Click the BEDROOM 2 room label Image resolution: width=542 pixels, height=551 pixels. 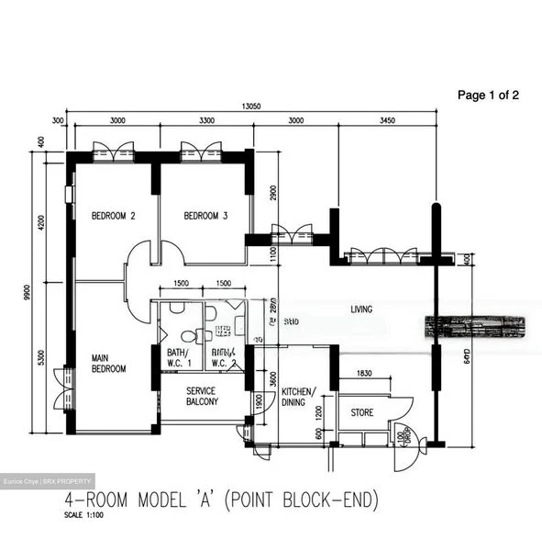(x=113, y=217)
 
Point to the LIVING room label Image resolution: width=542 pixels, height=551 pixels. (x=361, y=309)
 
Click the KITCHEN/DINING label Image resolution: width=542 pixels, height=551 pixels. (x=299, y=397)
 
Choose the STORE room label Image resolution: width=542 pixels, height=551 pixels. (x=361, y=413)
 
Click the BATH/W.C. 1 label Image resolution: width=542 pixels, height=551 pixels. (x=177, y=357)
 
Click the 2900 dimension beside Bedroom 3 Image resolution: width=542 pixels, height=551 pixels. (x=273, y=193)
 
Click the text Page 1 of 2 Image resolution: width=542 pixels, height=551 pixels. (x=488, y=95)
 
